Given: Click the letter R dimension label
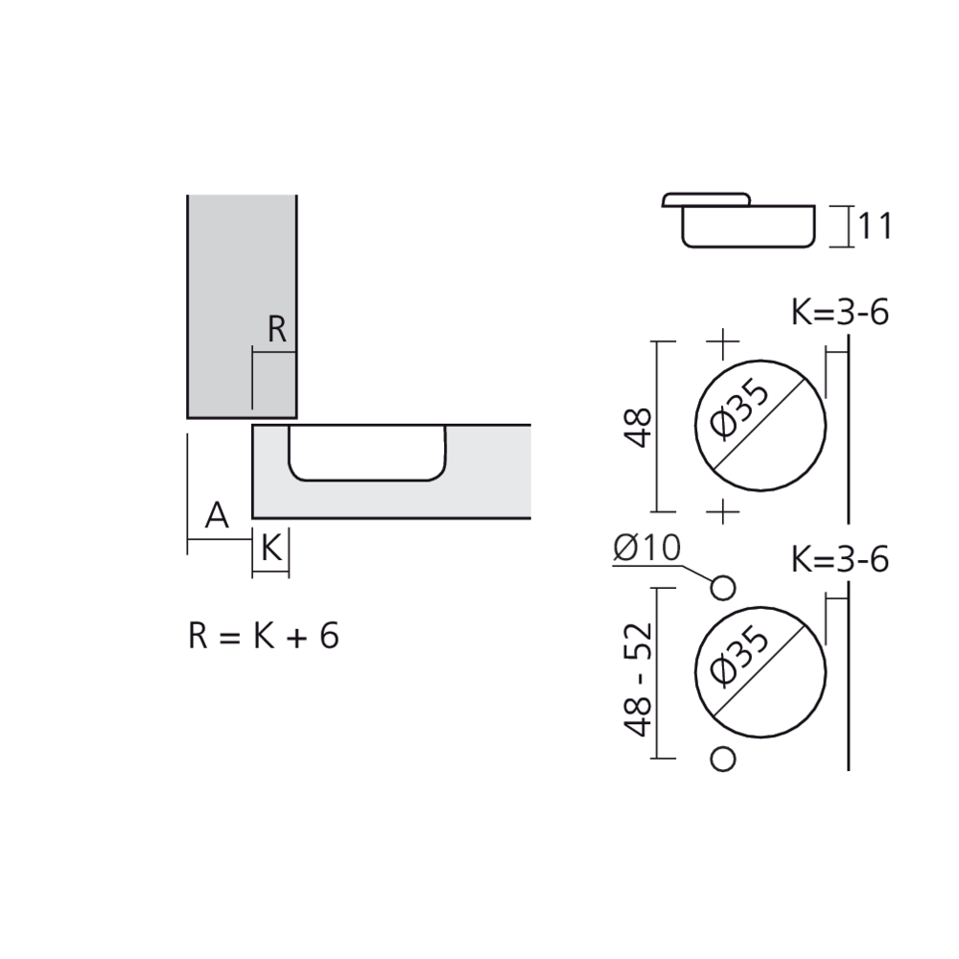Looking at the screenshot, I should (x=276, y=330).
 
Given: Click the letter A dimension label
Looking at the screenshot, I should (x=218, y=517).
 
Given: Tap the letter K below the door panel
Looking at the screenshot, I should (x=270, y=550).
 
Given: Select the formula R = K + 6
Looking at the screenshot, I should (x=264, y=636).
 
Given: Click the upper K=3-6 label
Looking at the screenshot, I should (x=840, y=313).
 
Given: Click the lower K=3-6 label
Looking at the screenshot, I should (x=840, y=559).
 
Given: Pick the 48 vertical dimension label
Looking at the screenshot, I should (x=638, y=427).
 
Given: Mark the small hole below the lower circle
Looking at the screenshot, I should (x=724, y=759).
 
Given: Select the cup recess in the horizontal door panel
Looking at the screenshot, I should (x=366, y=451).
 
